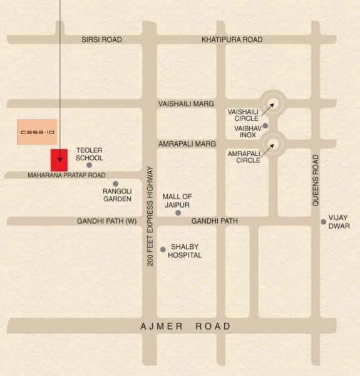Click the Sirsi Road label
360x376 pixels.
101,39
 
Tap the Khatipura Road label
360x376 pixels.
232,39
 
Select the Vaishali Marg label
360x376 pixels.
186,103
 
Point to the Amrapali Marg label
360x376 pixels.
186,144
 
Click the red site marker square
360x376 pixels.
59,159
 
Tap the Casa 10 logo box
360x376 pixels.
37,132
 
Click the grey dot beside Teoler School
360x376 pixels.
89,165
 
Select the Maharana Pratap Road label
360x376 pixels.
66,175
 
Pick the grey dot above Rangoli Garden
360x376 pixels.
115,184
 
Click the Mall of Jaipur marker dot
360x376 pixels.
178,213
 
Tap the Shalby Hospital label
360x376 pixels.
186,251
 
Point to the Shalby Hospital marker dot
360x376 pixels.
163,249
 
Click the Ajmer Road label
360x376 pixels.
186,326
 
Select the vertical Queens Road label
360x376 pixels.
316,180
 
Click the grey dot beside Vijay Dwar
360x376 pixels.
324,221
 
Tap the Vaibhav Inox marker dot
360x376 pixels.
265,126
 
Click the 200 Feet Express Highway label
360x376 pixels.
150,216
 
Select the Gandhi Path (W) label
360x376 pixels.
106,221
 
